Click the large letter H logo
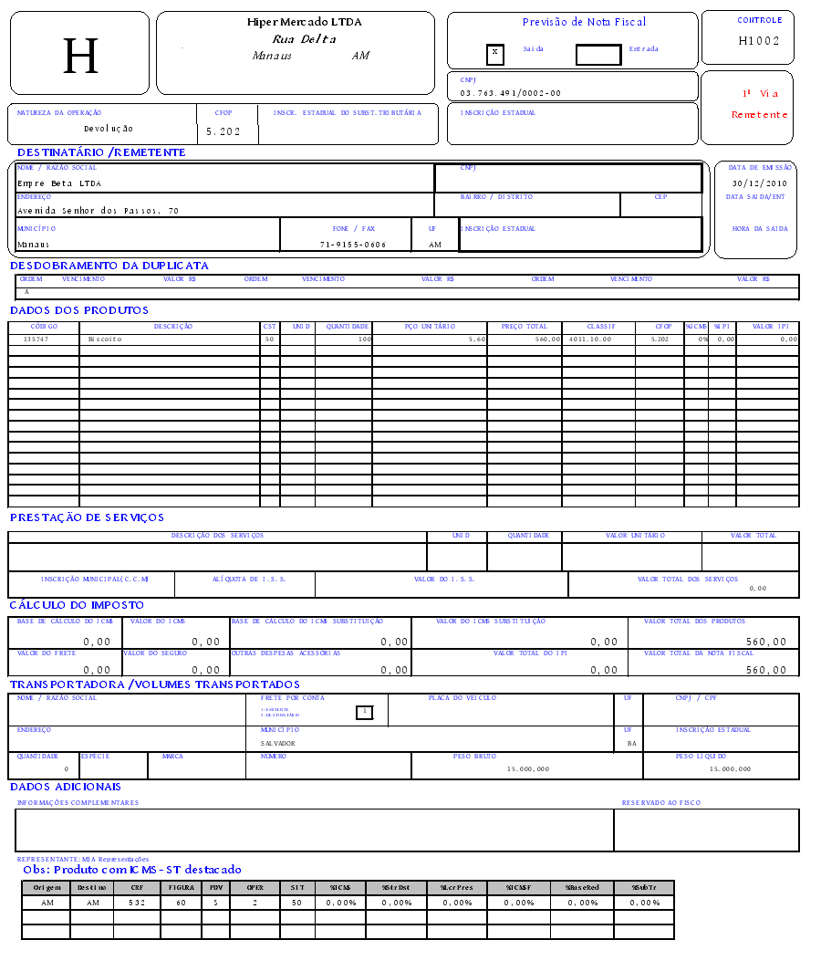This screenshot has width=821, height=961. pyautogui.click(x=80, y=56)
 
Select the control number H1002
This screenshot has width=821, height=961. pyautogui.click(x=759, y=41)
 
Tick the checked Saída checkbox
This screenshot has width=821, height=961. pyautogui.click(x=494, y=53)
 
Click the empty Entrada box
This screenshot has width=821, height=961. pyautogui.click(x=598, y=54)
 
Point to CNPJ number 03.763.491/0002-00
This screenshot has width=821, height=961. pyautogui.click(x=510, y=93)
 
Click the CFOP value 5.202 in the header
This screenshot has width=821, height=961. pyautogui.click(x=223, y=131)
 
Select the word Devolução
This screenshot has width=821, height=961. pyautogui.click(x=109, y=129)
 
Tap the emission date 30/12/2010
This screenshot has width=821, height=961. pyautogui.click(x=759, y=183)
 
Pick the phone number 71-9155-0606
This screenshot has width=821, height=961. pyautogui.click(x=353, y=245)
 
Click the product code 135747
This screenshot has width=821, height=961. pyautogui.click(x=36, y=339)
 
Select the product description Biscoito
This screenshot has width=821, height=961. pyautogui.click(x=105, y=339)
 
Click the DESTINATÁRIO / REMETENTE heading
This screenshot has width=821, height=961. pyautogui.click(x=101, y=152)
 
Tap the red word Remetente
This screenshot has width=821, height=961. pyautogui.click(x=759, y=115)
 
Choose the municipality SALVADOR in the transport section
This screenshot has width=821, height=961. pyautogui.click(x=277, y=743)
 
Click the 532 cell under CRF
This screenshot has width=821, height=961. pyautogui.click(x=137, y=903)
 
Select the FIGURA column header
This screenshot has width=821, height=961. pyautogui.click(x=182, y=887)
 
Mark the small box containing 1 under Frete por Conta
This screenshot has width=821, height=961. pyautogui.click(x=364, y=712)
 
